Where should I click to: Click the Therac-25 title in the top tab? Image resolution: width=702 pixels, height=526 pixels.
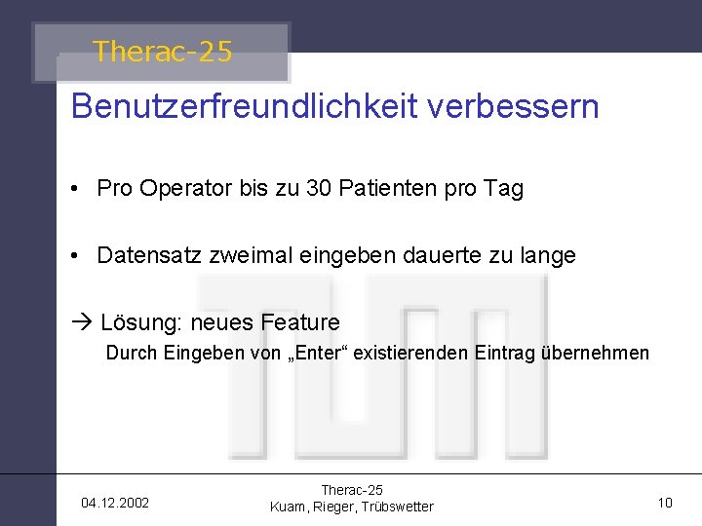pos(163,52)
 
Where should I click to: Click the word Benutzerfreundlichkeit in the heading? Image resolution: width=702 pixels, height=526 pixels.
pos(244,106)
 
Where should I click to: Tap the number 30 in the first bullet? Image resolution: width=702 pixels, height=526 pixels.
pos(319,189)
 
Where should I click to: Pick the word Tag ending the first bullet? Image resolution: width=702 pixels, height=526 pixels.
pos(503,189)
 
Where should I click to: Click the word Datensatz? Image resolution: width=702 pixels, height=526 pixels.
pos(147,256)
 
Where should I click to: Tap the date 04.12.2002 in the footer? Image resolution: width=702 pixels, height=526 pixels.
pos(115,504)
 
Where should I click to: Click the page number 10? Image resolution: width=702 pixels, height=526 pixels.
pos(665,504)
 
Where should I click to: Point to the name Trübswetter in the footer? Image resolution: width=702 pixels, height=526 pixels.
pos(395,507)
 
